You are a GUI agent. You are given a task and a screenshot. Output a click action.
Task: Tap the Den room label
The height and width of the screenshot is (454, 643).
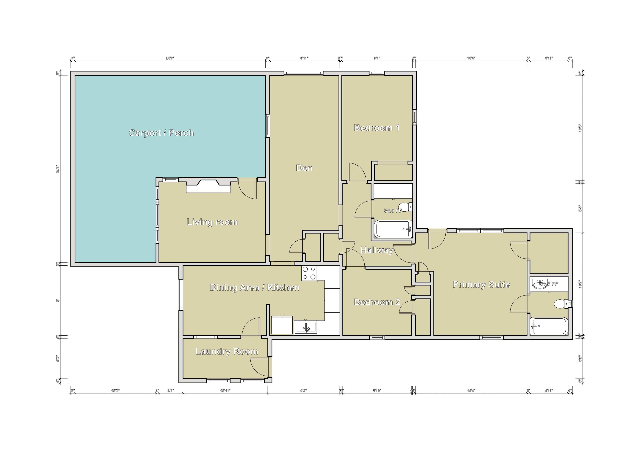pyautogui.click(x=304, y=168)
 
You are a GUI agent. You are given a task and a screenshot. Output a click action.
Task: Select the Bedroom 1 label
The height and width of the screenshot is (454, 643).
pyautogui.click(x=377, y=128)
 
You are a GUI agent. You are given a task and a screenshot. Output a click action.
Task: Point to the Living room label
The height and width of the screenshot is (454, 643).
pyautogui.click(x=212, y=222)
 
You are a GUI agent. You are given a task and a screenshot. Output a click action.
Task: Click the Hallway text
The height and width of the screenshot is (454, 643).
pyautogui.click(x=377, y=250)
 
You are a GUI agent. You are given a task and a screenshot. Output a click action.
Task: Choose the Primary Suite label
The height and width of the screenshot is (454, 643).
pyautogui.click(x=481, y=284)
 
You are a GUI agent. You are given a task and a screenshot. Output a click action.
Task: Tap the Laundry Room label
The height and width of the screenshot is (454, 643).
pyautogui.click(x=227, y=351)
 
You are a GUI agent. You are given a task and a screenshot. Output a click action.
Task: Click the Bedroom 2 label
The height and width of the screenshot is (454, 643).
pyautogui.click(x=377, y=302)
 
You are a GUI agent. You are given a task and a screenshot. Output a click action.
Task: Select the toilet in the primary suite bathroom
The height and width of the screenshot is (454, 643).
pyautogui.click(x=560, y=303)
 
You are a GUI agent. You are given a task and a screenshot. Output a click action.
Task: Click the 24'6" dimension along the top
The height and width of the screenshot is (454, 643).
pyautogui.click(x=170, y=58)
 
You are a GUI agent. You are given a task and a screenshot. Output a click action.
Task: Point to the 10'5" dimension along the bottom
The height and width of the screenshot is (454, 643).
pyautogui.click(x=115, y=391)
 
